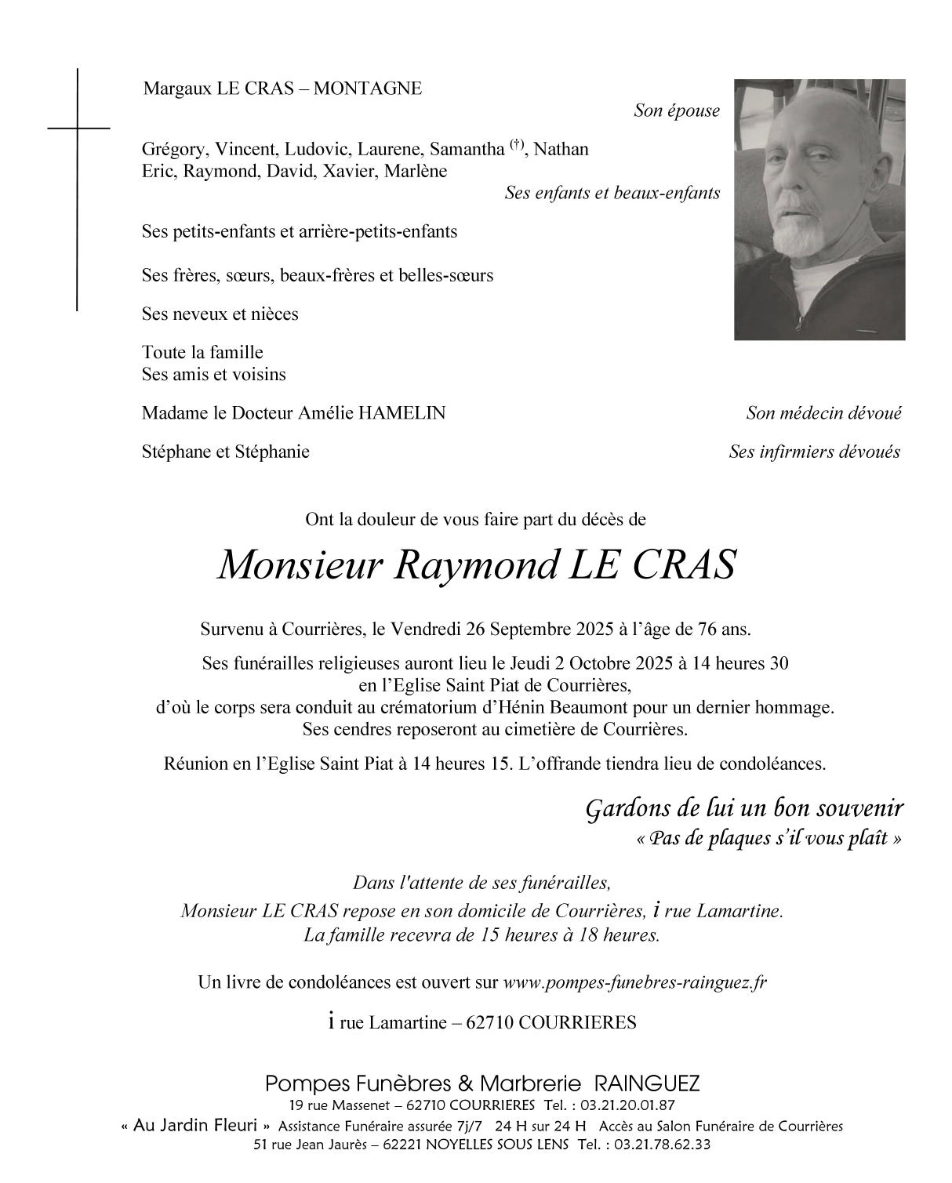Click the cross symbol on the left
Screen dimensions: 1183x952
pyautogui.click(x=78, y=127)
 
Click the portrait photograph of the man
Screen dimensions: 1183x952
pyautogui.click(x=819, y=209)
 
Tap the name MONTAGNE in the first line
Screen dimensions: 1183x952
pyautogui.click(x=368, y=89)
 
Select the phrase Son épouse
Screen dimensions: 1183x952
pyautogui.click(x=676, y=111)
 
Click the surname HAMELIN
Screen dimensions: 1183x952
pyautogui.click(x=402, y=413)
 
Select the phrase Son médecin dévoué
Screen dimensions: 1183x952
pyautogui.click(x=823, y=413)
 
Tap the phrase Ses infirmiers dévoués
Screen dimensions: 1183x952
pyautogui.click(x=814, y=452)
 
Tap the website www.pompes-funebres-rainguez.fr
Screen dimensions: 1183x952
pyautogui.click(x=634, y=982)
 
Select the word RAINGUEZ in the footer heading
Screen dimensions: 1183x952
pyautogui.click(x=648, y=1083)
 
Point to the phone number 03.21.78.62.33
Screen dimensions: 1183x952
pyautogui.click(x=663, y=1145)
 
